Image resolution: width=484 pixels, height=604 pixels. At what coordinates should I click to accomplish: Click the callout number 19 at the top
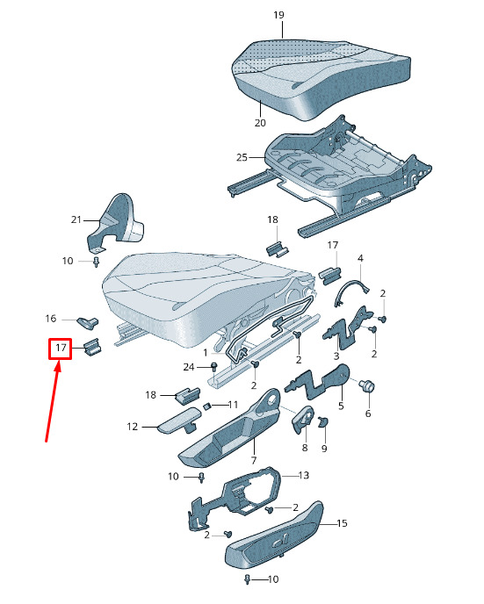278,15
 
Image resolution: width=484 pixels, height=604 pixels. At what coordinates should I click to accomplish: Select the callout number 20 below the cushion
260,123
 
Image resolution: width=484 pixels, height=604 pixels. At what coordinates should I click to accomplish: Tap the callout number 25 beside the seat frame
242,157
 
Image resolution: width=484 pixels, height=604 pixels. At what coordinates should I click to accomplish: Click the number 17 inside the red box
61,348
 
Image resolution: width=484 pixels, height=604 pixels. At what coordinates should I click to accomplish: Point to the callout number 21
76,219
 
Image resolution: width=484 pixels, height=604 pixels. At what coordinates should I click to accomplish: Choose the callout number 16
50,319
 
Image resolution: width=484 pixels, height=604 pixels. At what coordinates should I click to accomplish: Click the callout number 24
189,367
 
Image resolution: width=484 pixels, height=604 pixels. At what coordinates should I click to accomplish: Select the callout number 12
132,427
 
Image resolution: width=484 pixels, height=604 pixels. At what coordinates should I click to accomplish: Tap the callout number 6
368,413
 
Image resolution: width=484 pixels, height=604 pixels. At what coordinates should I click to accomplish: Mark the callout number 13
304,475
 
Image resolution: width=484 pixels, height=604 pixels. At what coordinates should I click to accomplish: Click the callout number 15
342,523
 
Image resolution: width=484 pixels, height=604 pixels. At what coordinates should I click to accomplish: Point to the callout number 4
360,258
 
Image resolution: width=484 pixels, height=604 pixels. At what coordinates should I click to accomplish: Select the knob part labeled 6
366,385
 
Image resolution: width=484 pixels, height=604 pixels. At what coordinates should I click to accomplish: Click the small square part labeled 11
206,406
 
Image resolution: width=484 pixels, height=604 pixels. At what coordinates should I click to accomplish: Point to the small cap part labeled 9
322,422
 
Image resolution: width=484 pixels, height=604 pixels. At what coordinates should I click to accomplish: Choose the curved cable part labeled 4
350,287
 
